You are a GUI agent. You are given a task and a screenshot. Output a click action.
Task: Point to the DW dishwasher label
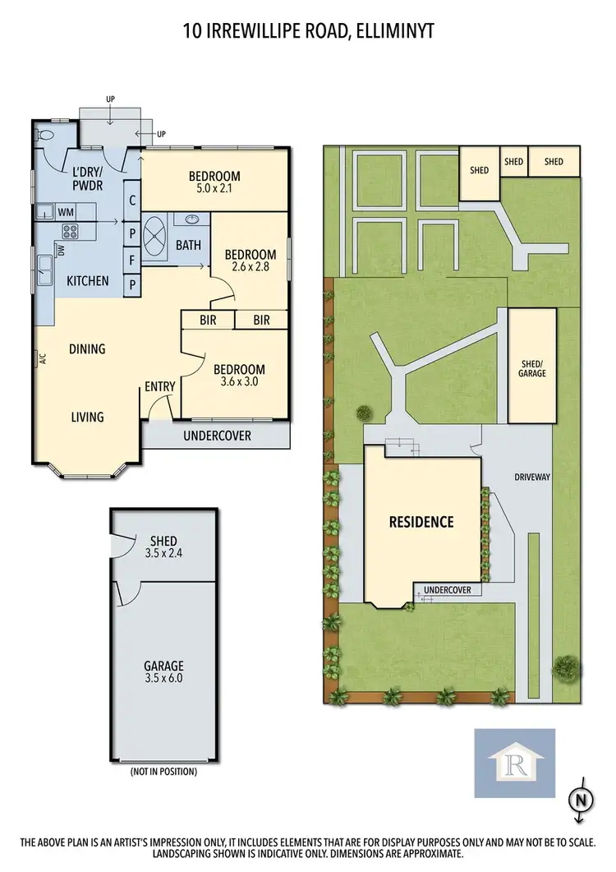coord(60,251)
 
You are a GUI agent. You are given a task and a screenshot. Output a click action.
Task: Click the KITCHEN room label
coord(87,281)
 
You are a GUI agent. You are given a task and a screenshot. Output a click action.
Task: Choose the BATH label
coord(188,245)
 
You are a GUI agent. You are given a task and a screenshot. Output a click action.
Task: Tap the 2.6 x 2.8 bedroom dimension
coord(252,267)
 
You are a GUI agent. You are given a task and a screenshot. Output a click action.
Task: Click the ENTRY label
coord(159,385)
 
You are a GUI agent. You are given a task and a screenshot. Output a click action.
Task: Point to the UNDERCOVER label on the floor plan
coord(217,436)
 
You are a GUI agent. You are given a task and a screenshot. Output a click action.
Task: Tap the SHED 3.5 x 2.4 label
coord(163,547)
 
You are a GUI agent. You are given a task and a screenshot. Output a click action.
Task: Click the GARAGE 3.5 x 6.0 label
coord(163,672)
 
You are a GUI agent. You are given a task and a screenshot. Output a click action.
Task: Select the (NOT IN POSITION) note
coord(163,772)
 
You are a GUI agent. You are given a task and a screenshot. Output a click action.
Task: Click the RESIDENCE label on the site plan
coord(421,522)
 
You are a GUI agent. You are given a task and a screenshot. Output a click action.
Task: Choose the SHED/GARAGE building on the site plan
coord(533,367)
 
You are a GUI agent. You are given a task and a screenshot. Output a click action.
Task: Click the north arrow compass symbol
coord(581,798)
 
